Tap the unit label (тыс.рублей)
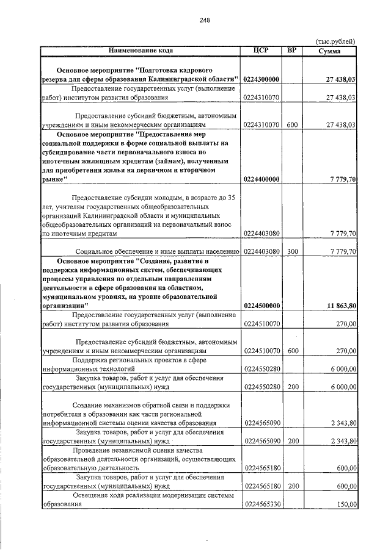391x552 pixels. click(335, 41)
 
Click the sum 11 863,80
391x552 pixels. click(340, 306)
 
